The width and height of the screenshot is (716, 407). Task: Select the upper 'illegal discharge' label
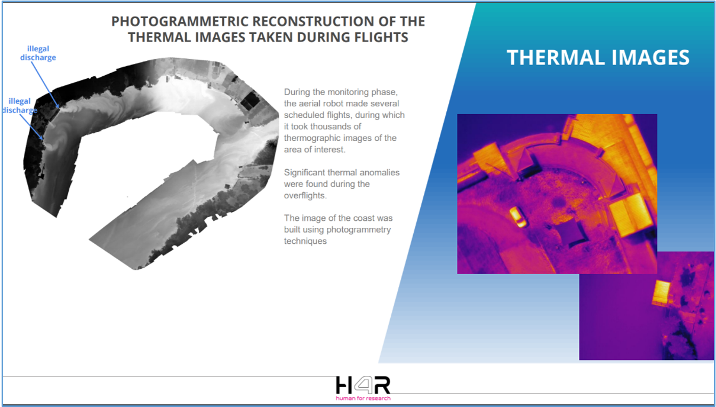(x=38, y=53)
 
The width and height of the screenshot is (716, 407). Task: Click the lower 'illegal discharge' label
(x=20, y=106)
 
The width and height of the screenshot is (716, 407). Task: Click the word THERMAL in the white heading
(x=556, y=58)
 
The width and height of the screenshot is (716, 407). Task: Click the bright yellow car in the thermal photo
(x=518, y=217)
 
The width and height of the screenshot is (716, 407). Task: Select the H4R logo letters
(x=363, y=385)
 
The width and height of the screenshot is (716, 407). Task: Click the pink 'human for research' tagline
(x=363, y=398)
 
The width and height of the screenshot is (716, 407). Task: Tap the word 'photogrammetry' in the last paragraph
(x=359, y=230)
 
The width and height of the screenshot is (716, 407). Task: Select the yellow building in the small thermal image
(x=661, y=292)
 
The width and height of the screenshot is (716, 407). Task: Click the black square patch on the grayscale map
(x=250, y=100)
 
